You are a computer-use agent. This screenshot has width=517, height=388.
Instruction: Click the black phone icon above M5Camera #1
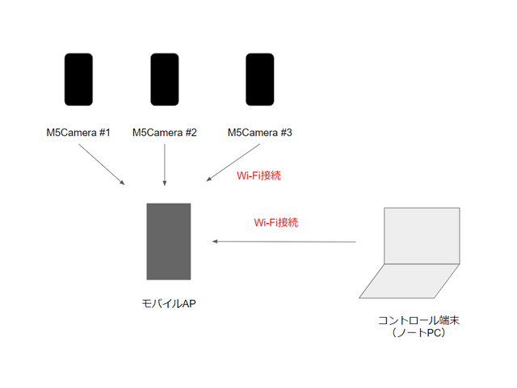(x=78, y=80)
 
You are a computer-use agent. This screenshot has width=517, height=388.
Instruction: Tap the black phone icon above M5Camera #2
(x=165, y=80)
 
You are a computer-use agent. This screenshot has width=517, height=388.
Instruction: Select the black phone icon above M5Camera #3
(x=259, y=80)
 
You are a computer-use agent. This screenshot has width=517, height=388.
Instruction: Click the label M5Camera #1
(x=78, y=133)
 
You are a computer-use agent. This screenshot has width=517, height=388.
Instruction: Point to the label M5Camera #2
(x=165, y=133)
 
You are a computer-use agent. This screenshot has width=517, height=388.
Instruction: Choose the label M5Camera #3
(x=259, y=133)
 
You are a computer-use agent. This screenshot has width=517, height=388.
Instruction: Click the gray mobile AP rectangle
(x=168, y=241)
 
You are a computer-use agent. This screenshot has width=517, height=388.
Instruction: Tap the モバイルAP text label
(x=168, y=303)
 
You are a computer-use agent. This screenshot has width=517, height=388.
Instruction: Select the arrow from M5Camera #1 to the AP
(x=103, y=165)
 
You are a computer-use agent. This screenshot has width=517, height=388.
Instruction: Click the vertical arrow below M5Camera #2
(x=165, y=165)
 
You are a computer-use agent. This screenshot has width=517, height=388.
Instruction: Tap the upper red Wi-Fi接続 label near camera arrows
(x=258, y=175)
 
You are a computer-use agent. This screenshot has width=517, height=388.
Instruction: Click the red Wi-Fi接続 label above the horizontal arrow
(x=276, y=221)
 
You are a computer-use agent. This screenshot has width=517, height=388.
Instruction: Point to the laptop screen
(x=422, y=235)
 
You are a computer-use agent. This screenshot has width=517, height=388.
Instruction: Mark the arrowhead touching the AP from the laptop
(x=215, y=241)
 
